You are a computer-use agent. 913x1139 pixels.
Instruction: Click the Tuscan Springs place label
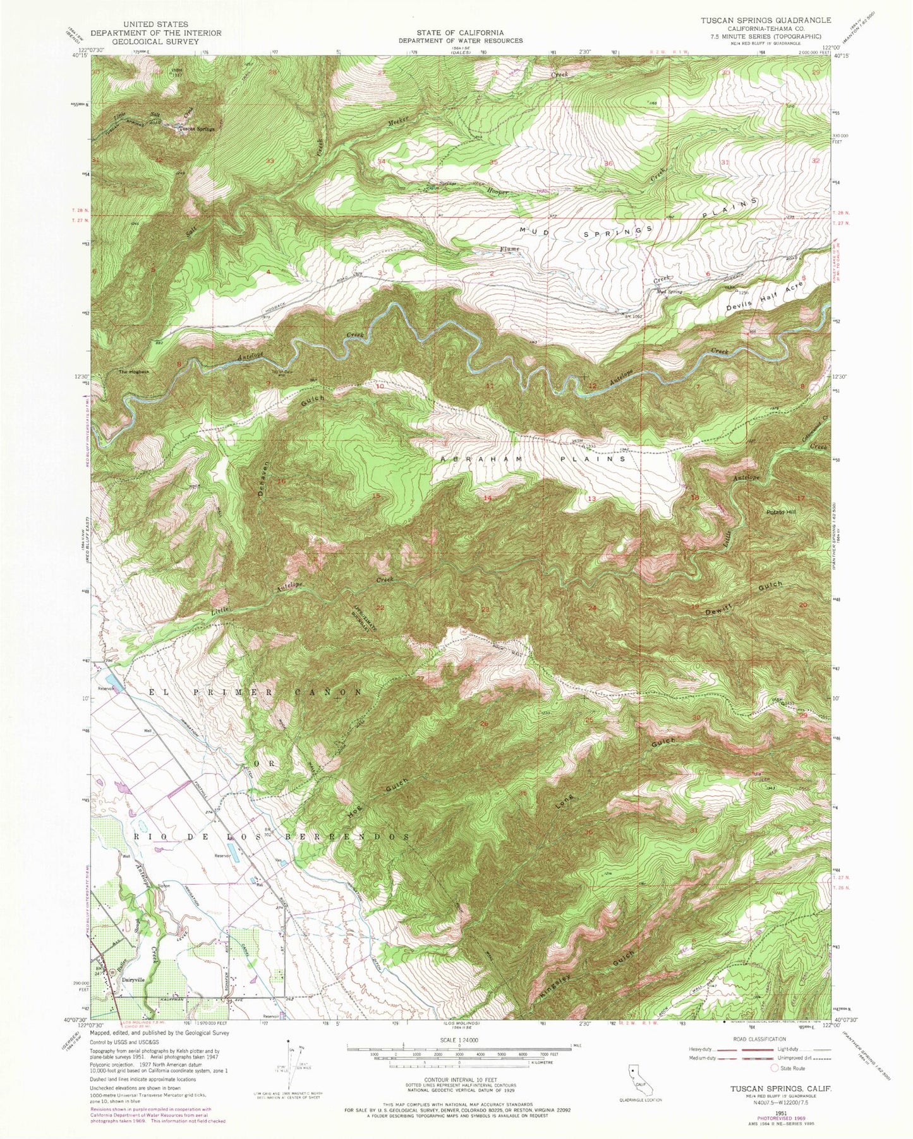197,129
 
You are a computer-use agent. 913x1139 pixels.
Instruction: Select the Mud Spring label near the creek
671,292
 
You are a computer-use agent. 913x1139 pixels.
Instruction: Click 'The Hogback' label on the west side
135,372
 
